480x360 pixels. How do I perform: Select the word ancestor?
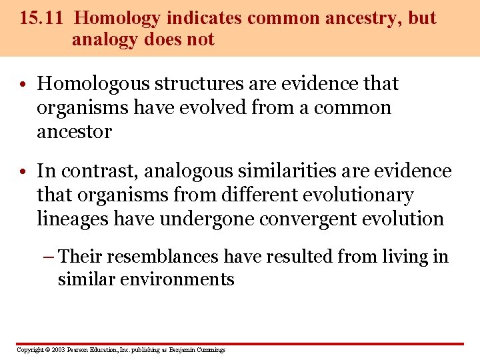[x=74, y=131]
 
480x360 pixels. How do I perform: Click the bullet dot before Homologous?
[x=23, y=85]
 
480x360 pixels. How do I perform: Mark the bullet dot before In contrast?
[x=23, y=172]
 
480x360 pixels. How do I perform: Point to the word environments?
[x=178, y=279]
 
